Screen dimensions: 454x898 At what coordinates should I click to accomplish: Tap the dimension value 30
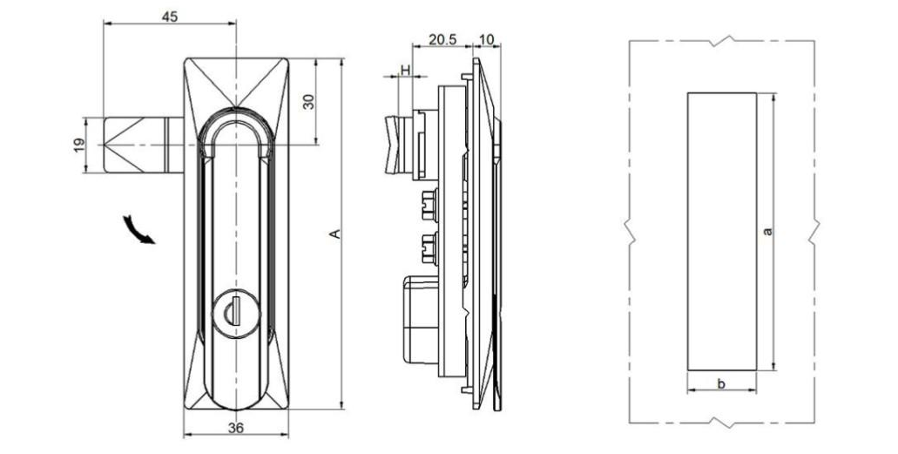pyautogui.click(x=307, y=101)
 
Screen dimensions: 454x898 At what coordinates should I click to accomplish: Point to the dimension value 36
pyautogui.click(x=235, y=427)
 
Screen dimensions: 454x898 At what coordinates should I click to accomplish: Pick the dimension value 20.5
pyautogui.click(x=442, y=41)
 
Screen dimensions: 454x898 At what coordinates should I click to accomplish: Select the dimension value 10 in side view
pyautogui.click(x=486, y=41)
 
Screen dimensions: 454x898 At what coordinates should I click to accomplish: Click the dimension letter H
pyautogui.click(x=404, y=68)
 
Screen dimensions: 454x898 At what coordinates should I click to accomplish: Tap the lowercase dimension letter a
pyautogui.click(x=766, y=231)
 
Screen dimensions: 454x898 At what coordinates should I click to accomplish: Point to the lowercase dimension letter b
pyautogui.click(x=721, y=382)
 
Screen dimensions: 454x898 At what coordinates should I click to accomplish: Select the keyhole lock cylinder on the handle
pyautogui.click(x=235, y=308)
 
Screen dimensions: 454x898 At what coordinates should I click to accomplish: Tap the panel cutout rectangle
pyautogui.click(x=721, y=231)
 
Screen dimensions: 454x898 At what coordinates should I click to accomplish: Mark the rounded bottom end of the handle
pyautogui.click(x=235, y=396)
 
